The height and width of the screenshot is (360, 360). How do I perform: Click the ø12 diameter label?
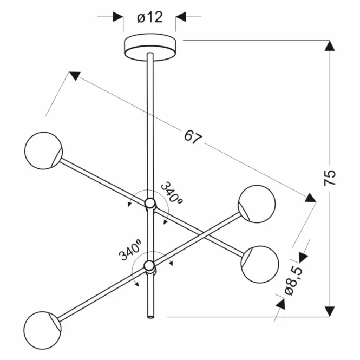(x=150, y=17)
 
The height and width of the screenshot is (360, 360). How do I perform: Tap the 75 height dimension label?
(x=330, y=178)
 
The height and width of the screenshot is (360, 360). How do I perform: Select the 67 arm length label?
(x=193, y=137)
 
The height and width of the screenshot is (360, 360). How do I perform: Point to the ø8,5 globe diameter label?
(x=293, y=281)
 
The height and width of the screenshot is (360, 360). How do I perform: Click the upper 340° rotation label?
(x=172, y=192)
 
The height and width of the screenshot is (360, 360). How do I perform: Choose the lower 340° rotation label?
(x=130, y=250)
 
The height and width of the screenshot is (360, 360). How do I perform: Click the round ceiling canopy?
(x=150, y=47)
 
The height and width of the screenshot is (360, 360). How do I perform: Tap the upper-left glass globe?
(x=43, y=150)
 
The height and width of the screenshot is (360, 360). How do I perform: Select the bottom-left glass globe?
(x=42, y=330)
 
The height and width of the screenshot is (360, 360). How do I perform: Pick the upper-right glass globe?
(x=257, y=204)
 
